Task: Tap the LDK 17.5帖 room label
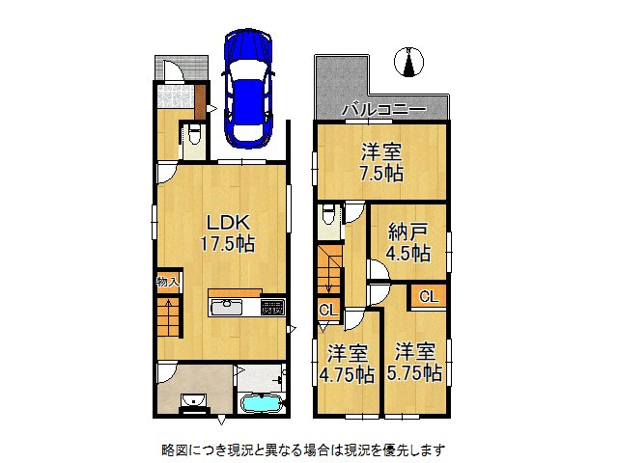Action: click(227, 232)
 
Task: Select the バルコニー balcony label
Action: click(383, 111)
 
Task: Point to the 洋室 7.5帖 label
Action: click(382, 162)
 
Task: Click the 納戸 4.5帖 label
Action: click(408, 240)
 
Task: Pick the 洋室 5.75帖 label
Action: click(417, 361)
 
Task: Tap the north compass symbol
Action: click(410, 61)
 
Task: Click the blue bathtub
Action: click(261, 406)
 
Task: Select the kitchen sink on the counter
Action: click(226, 308)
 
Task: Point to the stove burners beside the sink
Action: click(270, 307)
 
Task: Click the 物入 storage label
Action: click(167, 282)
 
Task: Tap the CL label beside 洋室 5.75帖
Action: click(428, 297)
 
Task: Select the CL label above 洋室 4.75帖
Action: click(327, 310)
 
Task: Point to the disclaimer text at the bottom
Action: click(302, 449)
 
